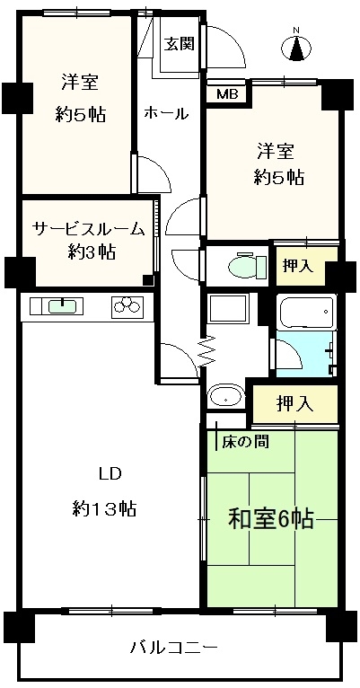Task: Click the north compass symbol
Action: pyautogui.click(x=297, y=47)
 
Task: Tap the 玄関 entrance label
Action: pyautogui.click(x=180, y=44)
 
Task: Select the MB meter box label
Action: pyautogui.click(x=227, y=94)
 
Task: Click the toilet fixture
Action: pyautogui.click(x=248, y=265)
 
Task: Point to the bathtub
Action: pyautogui.click(x=307, y=312)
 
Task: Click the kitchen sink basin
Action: pyautogui.click(x=65, y=305)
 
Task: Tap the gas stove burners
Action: pyautogui.click(x=127, y=305)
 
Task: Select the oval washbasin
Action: pyautogui.click(x=226, y=396)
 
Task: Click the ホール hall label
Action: pyautogui.click(x=166, y=114)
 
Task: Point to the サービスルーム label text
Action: pyautogui.click(x=88, y=229)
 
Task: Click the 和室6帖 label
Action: pyautogui.click(x=270, y=519)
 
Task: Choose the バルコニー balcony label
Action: pyautogui.click(x=174, y=648)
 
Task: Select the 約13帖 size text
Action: pyautogui.click(x=104, y=509)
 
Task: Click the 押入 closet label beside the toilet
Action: pyautogui.click(x=298, y=266)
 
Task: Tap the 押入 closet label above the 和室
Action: pyautogui.click(x=294, y=403)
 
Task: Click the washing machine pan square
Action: pyautogui.click(x=227, y=308)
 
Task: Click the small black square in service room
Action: pyautogui.click(x=149, y=279)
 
